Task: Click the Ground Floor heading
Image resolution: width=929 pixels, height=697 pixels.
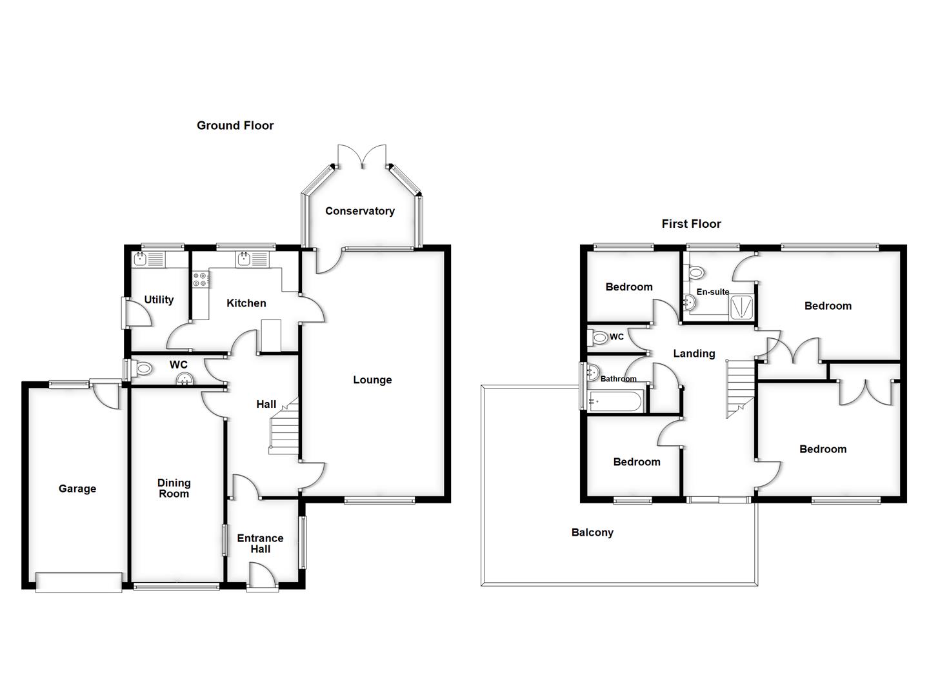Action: tap(235, 126)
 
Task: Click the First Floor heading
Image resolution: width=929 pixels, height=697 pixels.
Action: tap(691, 224)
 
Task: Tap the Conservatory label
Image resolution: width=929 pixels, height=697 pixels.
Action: tap(359, 211)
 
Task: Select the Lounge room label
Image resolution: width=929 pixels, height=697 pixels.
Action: tap(372, 380)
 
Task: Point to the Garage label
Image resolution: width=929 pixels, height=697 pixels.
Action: tap(77, 489)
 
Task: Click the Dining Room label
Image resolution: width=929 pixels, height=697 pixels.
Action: tap(174, 489)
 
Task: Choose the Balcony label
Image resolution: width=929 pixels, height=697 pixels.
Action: tap(592, 533)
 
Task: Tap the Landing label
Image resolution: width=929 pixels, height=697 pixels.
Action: tap(694, 354)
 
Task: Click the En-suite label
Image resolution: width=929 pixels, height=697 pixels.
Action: tap(712, 292)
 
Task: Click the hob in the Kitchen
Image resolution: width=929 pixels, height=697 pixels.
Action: tap(201, 279)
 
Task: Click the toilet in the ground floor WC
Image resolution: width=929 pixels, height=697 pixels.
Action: tap(143, 369)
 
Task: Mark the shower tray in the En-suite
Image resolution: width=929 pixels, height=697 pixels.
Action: tap(742, 305)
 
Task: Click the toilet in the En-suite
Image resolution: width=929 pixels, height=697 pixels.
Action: tap(695, 272)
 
